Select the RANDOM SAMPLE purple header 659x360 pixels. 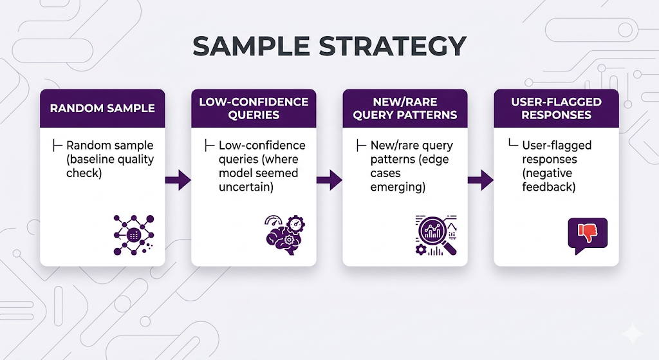pyautogui.click(x=102, y=108)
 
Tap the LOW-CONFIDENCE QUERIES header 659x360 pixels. pyautogui.click(x=254, y=108)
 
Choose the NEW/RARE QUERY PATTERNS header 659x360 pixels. pyautogui.click(x=405, y=108)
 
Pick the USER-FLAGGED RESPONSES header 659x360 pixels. pyautogui.click(x=556, y=108)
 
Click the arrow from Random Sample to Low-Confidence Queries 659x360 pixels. pyautogui.click(x=178, y=180)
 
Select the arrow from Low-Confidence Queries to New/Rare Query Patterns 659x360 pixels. pyautogui.click(x=329, y=180)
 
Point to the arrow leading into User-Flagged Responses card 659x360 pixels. pyautogui.click(x=481, y=180)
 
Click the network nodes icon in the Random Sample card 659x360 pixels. pyautogui.click(x=134, y=234)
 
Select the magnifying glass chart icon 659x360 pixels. pyautogui.click(x=436, y=235)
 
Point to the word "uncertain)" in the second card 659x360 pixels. pyautogui.click(x=247, y=187)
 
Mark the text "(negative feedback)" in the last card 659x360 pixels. pyautogui.click(x=549, y=180)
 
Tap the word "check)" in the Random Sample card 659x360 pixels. pyautogui.click(x=84, y=173)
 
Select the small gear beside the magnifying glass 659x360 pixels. pyautogui.click(x=421, y=249)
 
